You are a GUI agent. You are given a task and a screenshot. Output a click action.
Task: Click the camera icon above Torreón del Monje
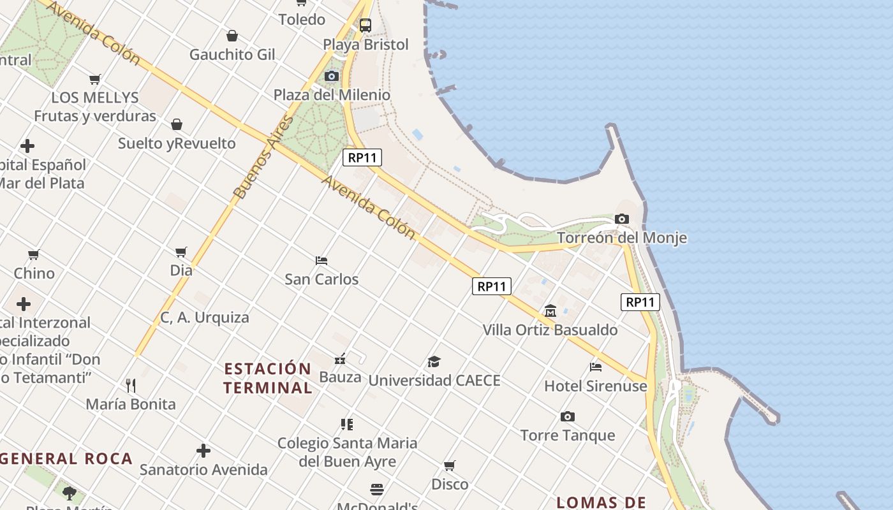[x=622, y=219]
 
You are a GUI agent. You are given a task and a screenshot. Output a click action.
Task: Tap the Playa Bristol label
[x=365, y=45]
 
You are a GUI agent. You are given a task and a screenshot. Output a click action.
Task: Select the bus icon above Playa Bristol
[x=365, y=25]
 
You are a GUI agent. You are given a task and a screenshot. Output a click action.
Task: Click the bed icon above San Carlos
[x=321, y=261]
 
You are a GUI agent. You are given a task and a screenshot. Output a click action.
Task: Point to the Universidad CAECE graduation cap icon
[x=434, y=362]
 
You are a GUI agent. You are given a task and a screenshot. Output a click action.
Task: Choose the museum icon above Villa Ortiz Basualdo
[x=550, y=311]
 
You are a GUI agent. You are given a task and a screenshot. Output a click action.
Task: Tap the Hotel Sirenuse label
[x=595, y=386]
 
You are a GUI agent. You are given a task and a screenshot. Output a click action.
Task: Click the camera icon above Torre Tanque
[x=568, y=417]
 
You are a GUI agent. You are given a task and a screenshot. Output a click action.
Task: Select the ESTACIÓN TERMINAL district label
[x=268, y=378]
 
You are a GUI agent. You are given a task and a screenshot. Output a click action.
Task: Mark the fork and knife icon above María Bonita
[x=131, y=385]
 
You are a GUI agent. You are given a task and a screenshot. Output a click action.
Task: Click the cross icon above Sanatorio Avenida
[x=203, y=451]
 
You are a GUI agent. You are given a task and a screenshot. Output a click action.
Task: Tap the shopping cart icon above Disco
[x=450, y=465]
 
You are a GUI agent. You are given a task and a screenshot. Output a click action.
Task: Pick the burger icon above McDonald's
[x=377, y=490]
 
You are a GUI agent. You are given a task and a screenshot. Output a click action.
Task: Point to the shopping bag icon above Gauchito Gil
[x=232, y=36]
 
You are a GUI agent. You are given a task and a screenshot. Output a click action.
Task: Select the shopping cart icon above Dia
[x=181, y=252]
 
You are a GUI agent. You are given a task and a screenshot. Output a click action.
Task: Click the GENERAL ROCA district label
[x=66, y=458]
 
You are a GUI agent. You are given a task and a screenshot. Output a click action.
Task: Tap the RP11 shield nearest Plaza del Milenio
[x=362, y=157]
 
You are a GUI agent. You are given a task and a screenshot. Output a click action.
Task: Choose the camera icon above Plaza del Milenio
[x=332, y=76]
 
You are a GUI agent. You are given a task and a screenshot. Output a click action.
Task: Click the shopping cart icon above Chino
[x=34, y=255]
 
